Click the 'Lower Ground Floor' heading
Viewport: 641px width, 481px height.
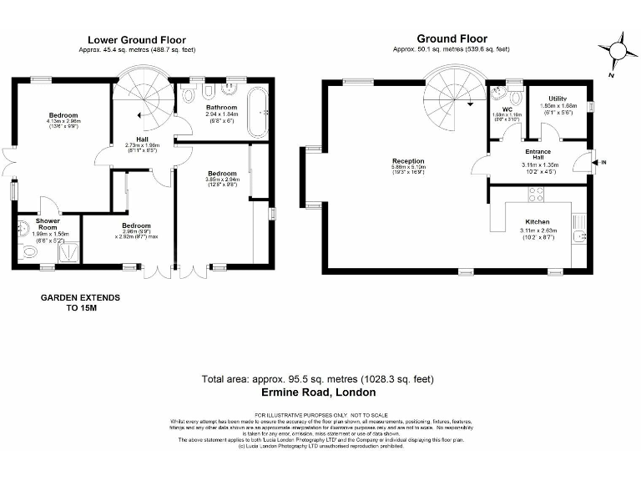pyautogui.click(x=137, y=39)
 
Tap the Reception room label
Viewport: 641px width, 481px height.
pyautogui.click(x=408, y=160)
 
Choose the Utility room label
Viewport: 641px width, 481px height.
pyautogui.click(x=558, y=99)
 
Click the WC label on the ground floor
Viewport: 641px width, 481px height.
pyautogui.click(x=506, y=109)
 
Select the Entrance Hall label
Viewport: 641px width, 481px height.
pyautogui.click(x=538, y=154)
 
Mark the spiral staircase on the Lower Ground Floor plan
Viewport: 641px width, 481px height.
pyautogui.click(x=143, y=99)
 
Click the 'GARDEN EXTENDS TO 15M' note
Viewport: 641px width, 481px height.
pyautogui.click(x=80, y=302)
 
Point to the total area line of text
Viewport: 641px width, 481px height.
pyautogui.click(x=318, y=379)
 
